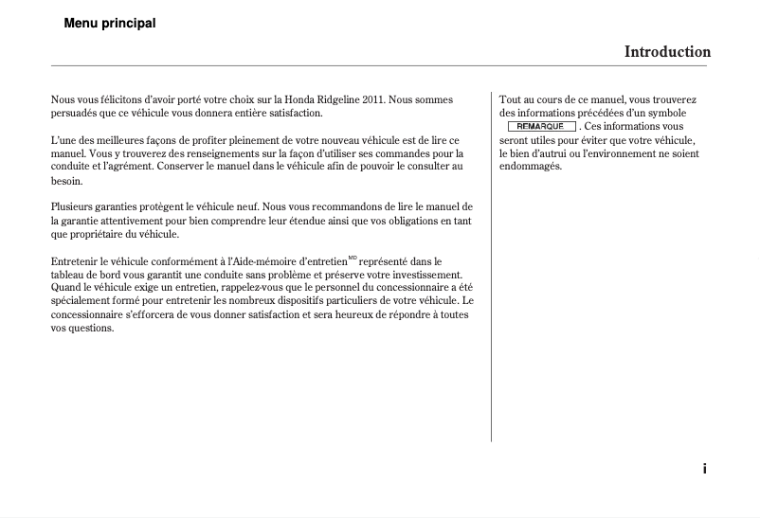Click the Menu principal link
109,23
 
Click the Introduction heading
666,52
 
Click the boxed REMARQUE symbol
541,126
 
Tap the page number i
704,469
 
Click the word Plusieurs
72,206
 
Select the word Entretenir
76,260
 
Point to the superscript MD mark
353,258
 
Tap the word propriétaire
98,234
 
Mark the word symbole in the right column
668,113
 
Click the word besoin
65,180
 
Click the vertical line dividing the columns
491,265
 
